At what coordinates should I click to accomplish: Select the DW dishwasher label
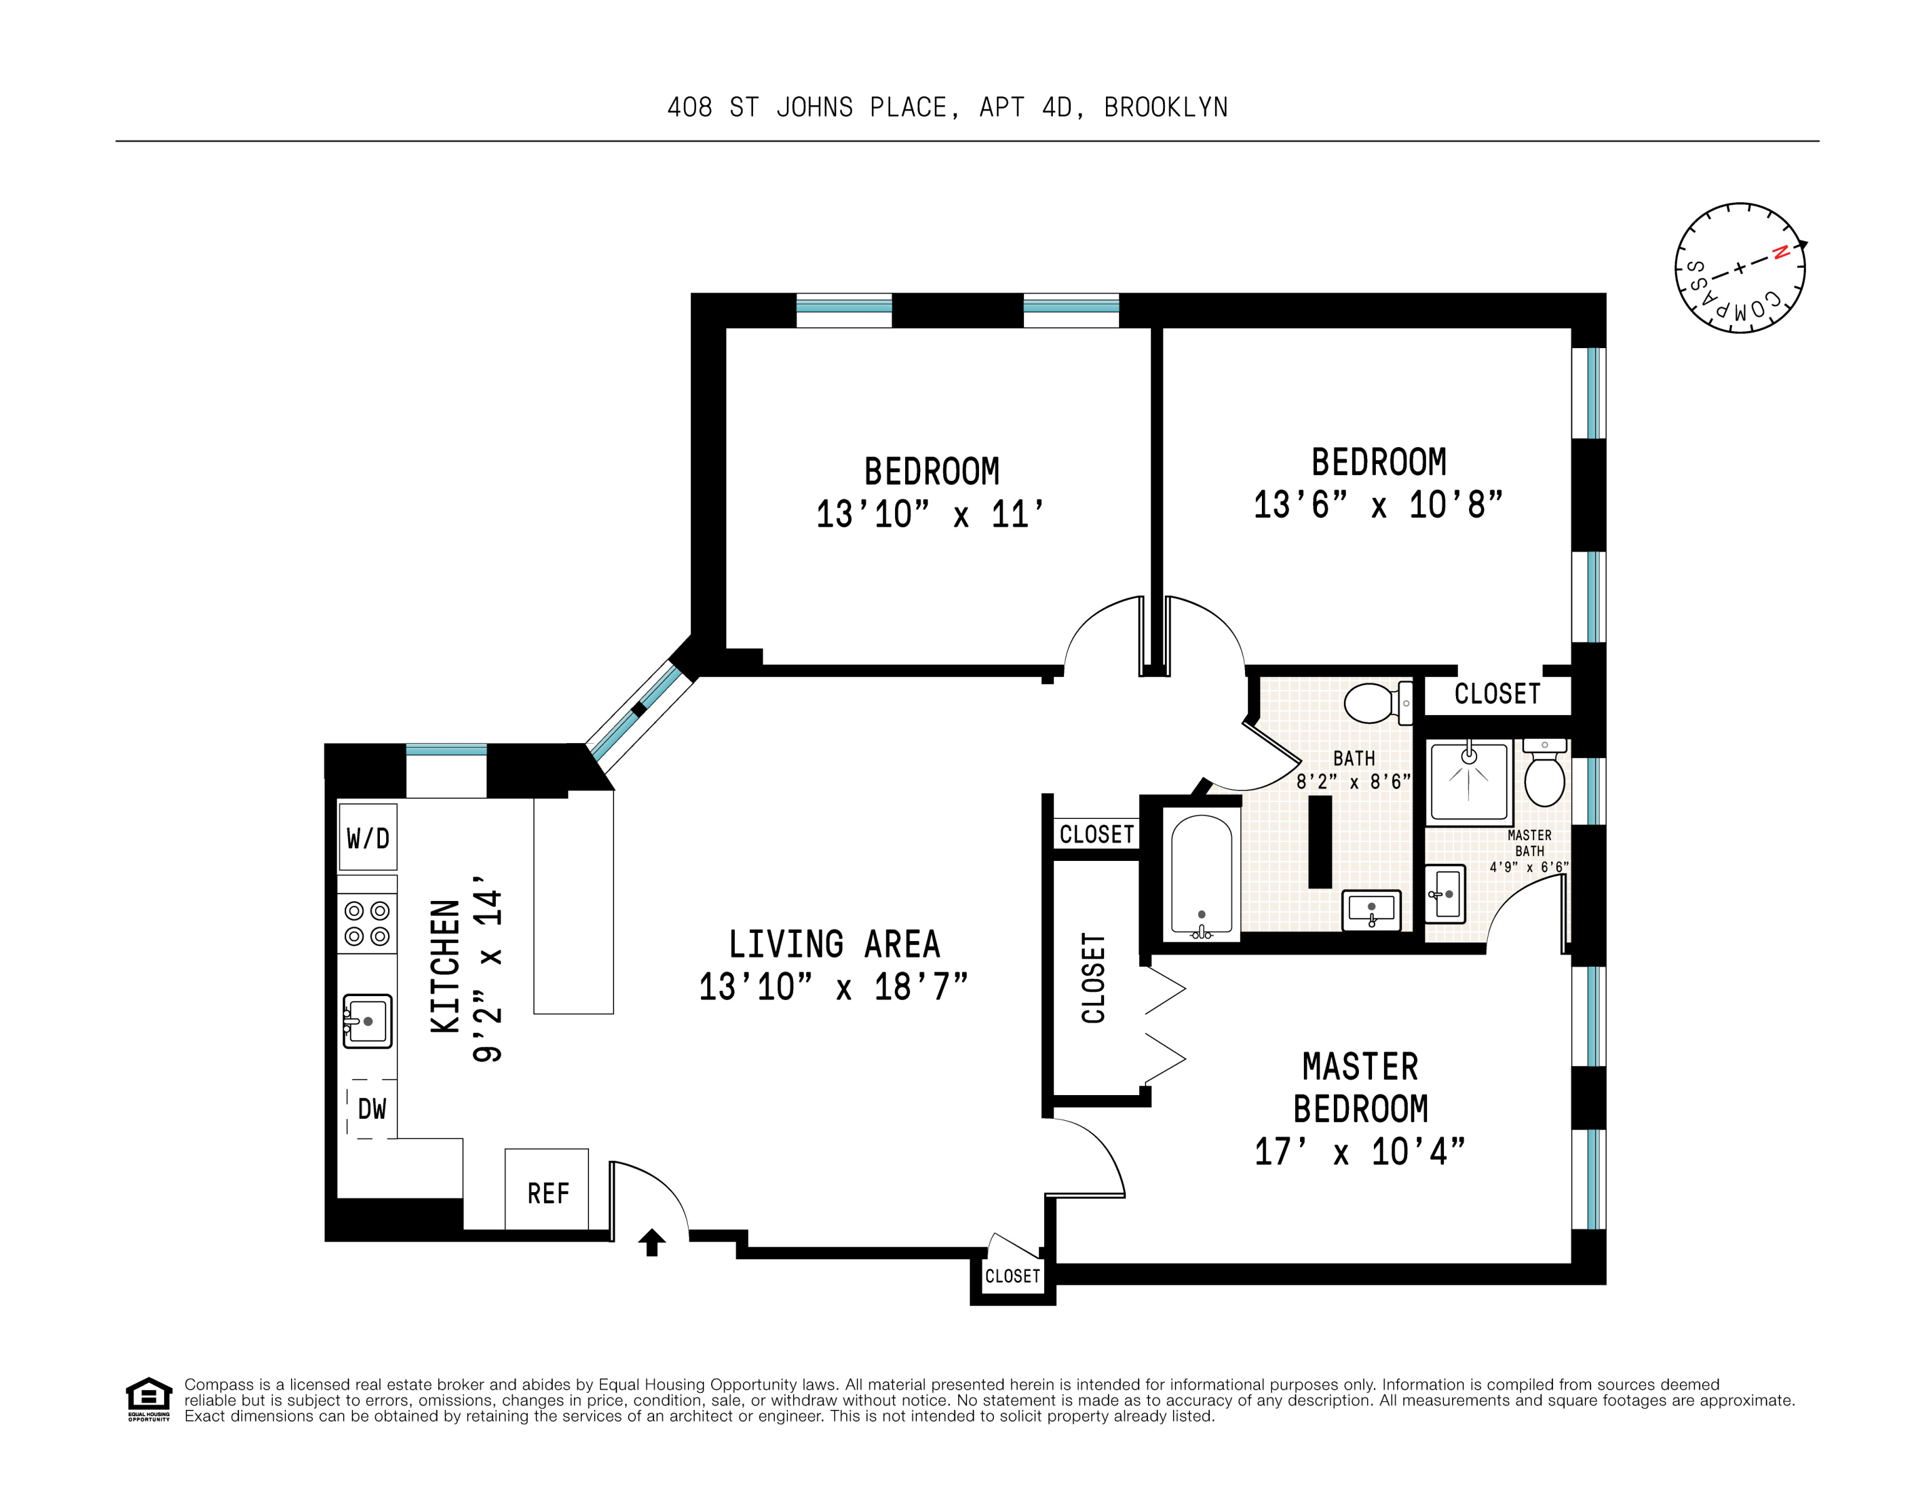click(x=371, y=1108)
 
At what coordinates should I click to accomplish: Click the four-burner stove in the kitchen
click(x=367, y=923)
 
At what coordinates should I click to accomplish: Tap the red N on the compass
click(x=1781, y=253)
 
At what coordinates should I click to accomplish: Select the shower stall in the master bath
click(x=1468, y=782)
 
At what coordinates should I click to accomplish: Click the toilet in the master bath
click(x=1545, y=774)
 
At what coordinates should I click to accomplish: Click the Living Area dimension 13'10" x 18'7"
click(x=833, y=987)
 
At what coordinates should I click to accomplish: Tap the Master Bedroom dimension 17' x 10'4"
click(x=1360, y=1151)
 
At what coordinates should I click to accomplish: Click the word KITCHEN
click(x=446, y=966)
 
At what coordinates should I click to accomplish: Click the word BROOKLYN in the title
click(x=1165, y=108)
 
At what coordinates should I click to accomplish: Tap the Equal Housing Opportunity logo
click(x=148, y=1398)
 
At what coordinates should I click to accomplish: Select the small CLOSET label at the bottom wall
click(x=1012, y=1275)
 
